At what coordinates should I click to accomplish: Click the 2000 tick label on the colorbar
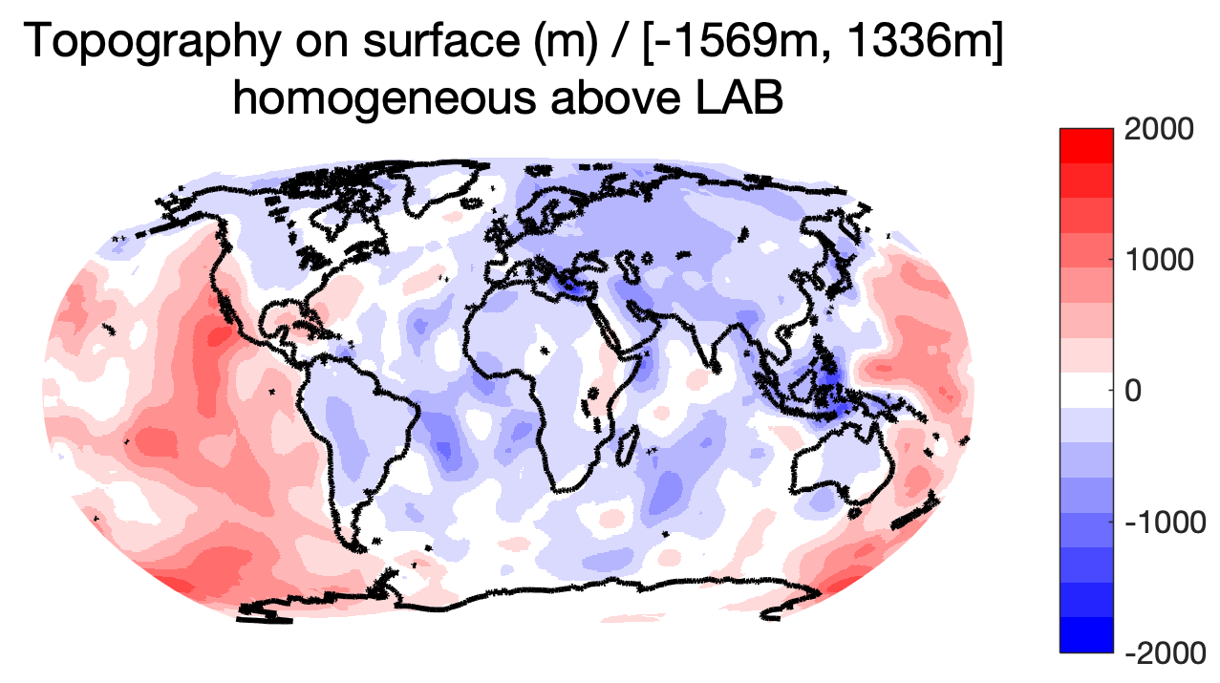coord(1159,130)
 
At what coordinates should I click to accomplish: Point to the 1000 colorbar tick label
coord(1159,260)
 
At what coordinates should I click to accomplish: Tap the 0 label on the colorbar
coord(1133,391)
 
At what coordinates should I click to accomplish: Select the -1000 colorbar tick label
coord(1166,523)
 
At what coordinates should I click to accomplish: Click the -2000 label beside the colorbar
coord(1166,652)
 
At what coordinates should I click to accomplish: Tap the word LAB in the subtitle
coord(739,98)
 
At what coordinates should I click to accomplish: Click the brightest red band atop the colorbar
coord(1086,146)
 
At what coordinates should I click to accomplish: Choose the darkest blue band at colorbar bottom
coord(1086,634)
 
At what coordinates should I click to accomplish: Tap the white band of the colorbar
coord(1086,391)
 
